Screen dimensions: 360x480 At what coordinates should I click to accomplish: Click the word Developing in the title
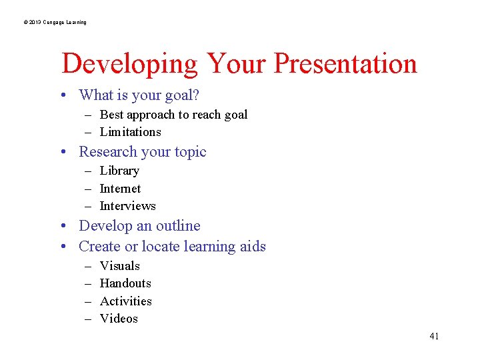(129, 65)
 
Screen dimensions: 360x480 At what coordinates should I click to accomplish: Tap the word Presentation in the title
(345, 63)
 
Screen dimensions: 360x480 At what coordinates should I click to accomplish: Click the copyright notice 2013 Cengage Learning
(55, 22)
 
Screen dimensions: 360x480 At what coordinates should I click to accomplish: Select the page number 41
(434, 336)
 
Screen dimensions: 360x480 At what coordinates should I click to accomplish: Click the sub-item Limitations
(130, 132)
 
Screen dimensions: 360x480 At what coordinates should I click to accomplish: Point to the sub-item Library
(119, 171)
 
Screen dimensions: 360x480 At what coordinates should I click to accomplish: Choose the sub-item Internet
(120, 189)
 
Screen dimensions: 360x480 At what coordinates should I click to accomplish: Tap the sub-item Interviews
(127, 206)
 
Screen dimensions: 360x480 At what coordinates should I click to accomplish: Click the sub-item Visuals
(120, 266)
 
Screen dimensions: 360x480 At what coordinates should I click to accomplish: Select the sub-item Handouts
(125, 283)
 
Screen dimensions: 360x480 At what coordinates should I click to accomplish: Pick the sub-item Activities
(125, 301)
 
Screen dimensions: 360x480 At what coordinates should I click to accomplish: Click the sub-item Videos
(119, 319)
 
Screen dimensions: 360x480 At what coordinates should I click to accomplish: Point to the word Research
(107, 152)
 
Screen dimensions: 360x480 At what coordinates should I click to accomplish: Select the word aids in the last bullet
(253, 247)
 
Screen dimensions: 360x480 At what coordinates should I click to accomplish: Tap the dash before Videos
(87, 319)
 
